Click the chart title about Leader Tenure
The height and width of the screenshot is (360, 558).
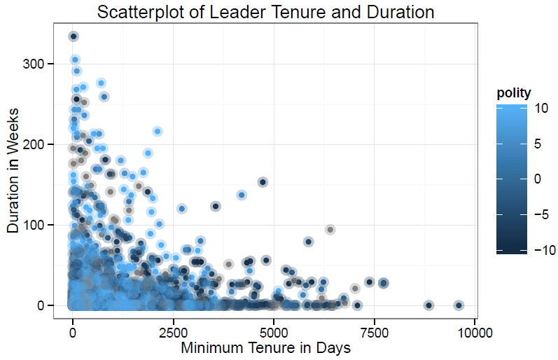click(266, 12)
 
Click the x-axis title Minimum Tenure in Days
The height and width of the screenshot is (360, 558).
click(265, 347)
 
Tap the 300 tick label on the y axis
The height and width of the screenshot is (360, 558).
click(36, 64)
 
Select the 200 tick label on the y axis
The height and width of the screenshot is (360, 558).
click(36, 144)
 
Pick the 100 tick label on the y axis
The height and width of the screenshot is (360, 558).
click(36, 225)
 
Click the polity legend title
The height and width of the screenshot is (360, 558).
click(513, 92)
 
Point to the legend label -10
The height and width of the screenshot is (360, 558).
click(529, 250)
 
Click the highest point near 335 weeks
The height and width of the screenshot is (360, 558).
click(73, 36)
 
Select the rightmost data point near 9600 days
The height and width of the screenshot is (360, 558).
click(459, 305)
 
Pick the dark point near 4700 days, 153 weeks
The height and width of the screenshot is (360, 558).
click(263, 182)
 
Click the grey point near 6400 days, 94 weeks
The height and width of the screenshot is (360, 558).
click(330, 230)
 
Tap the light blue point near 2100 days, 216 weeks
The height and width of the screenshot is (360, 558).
click(158, 132)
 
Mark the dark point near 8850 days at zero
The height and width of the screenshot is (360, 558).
click(428, 305)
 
